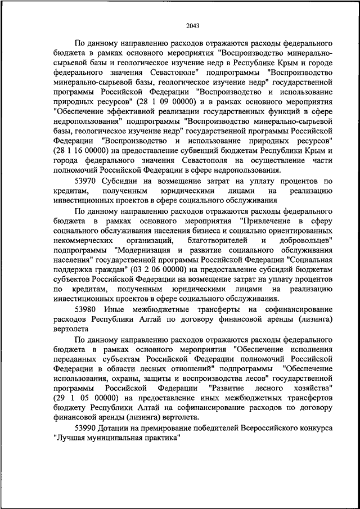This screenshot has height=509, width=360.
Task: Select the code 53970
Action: [85, 181]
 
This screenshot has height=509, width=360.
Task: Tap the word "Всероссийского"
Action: [259, 429]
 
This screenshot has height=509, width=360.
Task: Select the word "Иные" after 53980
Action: [123, 310]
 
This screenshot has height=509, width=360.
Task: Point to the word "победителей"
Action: [203, 429]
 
